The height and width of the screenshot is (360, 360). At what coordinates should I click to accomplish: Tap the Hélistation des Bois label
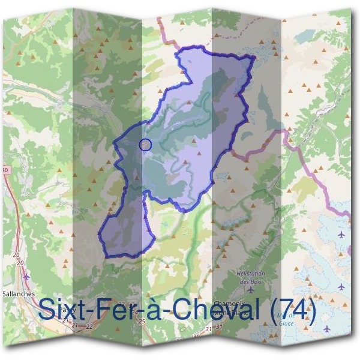[x=251, y=278]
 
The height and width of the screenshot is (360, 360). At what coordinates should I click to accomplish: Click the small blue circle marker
[x=145, y=144]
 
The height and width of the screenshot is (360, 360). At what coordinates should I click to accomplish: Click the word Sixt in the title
[x=63, y=311]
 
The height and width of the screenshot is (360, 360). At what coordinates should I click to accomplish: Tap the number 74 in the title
[x=293, y=311]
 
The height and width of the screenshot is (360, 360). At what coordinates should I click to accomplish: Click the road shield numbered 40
[x=5, y=170]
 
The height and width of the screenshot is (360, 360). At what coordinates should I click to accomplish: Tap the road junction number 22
[x=89, y=326]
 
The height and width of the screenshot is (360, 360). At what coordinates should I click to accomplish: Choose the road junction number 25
[x=142, y=322]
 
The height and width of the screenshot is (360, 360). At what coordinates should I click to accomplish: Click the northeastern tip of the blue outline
[x=254, y=58]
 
